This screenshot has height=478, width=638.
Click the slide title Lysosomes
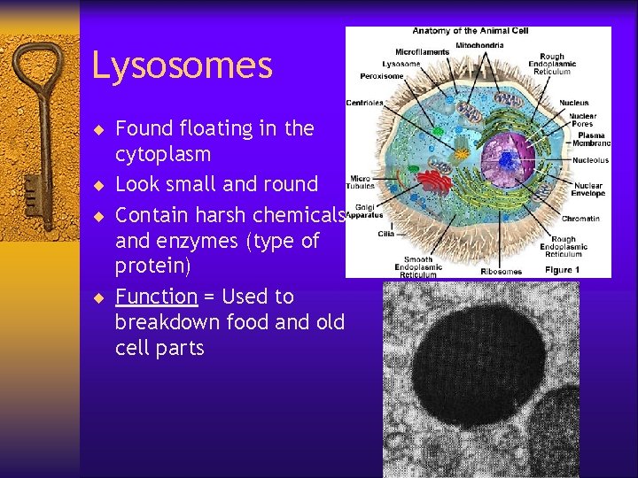(182, 66)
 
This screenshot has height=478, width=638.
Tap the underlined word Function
(156, 297)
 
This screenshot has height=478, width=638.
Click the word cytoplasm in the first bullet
(162, 155)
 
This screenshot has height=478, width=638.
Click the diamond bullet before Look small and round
(100, 186)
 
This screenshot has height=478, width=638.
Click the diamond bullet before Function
(100, 297)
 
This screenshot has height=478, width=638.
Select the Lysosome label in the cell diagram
(401, 64)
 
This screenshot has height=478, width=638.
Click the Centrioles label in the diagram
(364, 103)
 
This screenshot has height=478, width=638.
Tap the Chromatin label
(580, 219)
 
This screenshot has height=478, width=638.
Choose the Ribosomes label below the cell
(501, 271)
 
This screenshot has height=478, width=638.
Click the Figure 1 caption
(563, 269)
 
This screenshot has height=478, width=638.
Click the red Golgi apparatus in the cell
(434, 182)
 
